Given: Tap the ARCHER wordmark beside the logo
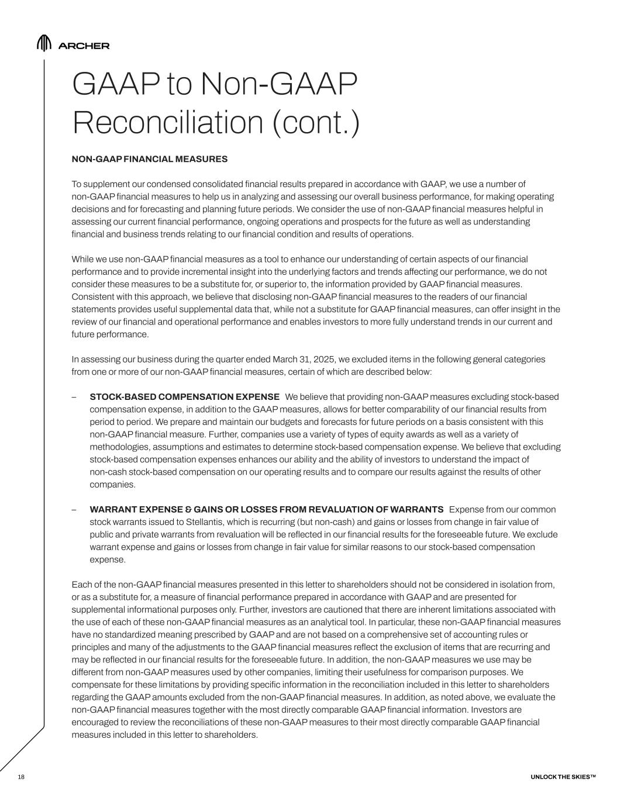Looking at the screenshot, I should (84, 46).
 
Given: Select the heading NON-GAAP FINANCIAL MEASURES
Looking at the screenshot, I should (149, 159).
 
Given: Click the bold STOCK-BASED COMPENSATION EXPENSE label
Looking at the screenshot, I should (184, 397).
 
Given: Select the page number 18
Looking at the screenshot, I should (21, 776).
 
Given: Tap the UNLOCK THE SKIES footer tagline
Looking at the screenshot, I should (563, 776).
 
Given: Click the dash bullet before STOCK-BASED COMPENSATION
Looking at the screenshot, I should (74, 397).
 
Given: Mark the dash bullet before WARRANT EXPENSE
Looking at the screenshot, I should (74, 509).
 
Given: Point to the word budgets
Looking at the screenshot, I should (284, 422).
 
